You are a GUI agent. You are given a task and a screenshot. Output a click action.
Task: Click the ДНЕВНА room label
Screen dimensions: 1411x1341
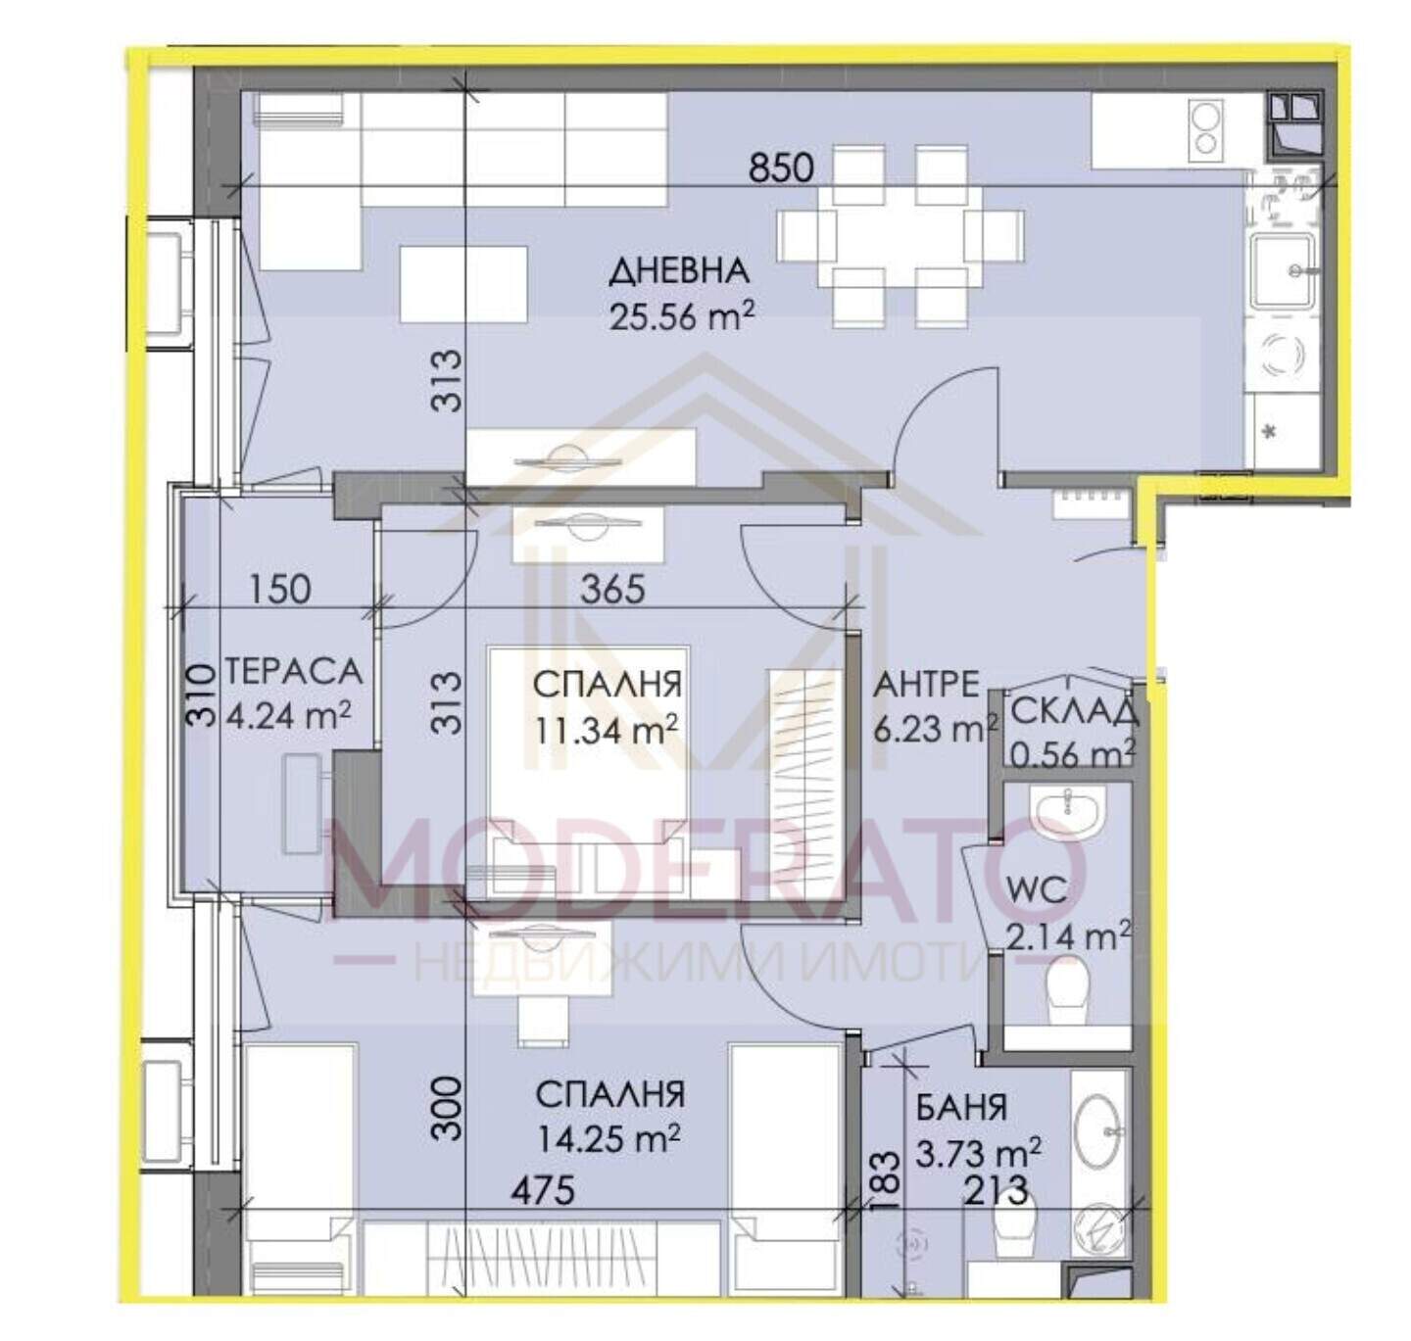pyautogui.click(x=678, y=272)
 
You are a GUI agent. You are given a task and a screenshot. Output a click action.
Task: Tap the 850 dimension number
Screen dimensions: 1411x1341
pyautogui.click(x=781, y=168)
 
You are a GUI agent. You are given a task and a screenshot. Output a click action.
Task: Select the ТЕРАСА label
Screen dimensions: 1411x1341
pyautogui.click(x=294, y=672)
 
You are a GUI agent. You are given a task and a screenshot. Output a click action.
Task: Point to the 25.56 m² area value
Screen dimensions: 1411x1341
pyautogui.click(x=681, y=315)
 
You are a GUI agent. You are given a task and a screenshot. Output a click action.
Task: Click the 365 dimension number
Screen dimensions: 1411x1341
pyautogui.click(x=612, y=590)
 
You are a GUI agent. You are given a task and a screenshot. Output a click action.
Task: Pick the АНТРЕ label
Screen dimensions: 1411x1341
pyautogui.click(x=926, y=686)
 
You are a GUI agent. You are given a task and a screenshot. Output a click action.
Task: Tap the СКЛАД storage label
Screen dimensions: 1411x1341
pyautogui.click(x=1074, y=712)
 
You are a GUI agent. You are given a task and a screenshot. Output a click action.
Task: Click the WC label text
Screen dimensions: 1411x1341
pyautogui.click(x=1037, y=891)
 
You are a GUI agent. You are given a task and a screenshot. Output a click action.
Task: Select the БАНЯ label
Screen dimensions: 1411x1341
pyautogui.click(x=961, y=1107)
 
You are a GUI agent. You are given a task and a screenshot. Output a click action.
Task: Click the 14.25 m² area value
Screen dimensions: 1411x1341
pyautogui.click(x=608, y=1138)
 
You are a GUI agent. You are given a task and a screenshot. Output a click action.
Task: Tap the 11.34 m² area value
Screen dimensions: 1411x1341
pyautogui.click(x=607, y=730)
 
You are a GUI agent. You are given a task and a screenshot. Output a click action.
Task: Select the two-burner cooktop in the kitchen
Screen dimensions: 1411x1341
pyautogui.click(x=1206, y=130)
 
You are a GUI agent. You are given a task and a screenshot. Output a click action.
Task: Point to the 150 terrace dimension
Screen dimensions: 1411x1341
pyautogui.click(x=280, y=590)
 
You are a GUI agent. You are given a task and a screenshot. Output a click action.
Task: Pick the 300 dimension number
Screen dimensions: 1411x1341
pyautogui.click(x=448, y=1108)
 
